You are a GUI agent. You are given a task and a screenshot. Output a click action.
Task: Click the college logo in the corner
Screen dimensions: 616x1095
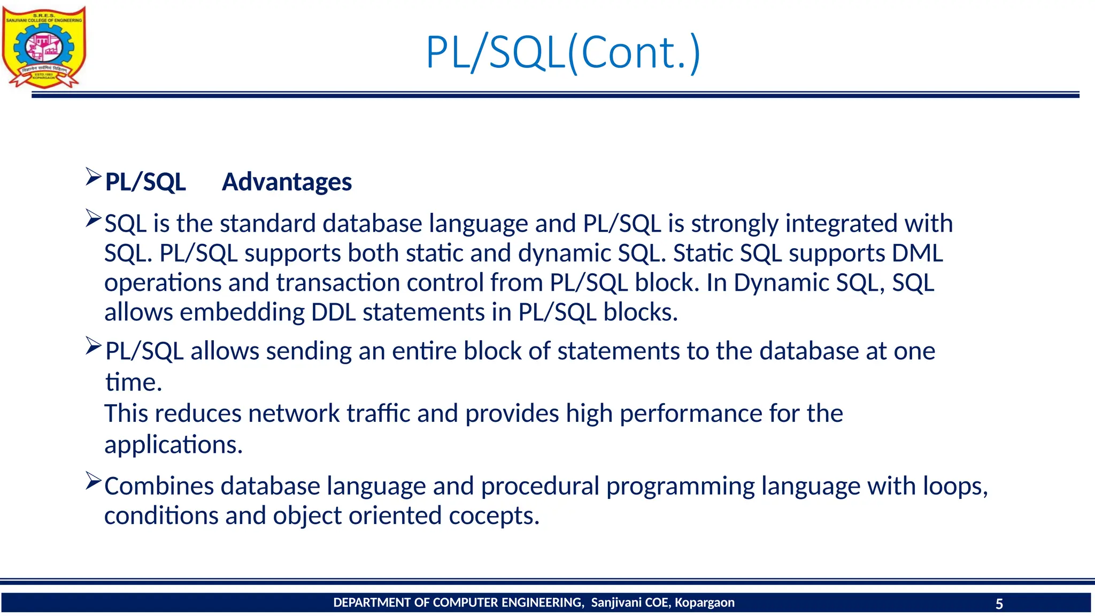point(44,47)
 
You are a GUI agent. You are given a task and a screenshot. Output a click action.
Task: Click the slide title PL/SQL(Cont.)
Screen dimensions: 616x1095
point(562,52)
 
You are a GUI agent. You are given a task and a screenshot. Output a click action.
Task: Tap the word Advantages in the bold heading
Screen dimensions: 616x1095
point(287,182)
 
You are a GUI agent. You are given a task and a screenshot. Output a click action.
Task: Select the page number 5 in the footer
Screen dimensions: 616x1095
point(999,604)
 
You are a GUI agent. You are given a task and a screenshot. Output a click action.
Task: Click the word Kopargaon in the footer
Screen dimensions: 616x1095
point(704,603)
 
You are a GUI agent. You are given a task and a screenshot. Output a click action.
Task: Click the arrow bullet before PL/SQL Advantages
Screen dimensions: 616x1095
point(93,176)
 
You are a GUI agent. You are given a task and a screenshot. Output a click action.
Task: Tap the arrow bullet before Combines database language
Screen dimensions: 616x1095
point(93,481)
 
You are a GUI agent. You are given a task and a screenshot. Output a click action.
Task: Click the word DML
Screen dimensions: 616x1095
point(917,253)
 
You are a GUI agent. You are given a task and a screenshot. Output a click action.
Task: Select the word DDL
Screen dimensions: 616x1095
point(333,312)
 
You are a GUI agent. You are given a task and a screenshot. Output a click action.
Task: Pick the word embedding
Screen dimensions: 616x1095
point(242,312)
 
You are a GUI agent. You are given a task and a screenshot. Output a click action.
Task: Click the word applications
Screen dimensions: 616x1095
point(173,445)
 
